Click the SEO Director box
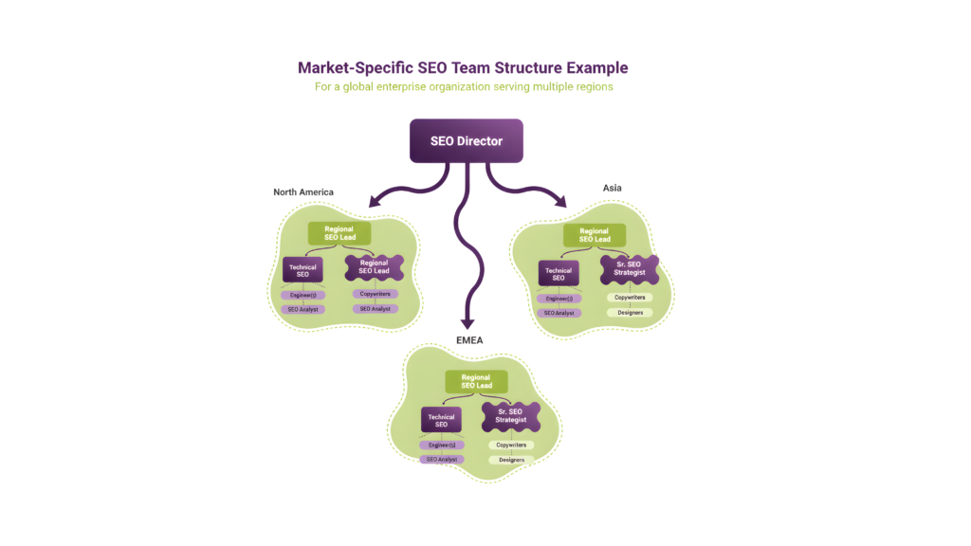click(466, 140)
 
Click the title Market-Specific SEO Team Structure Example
click(463, 68)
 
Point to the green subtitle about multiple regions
click(464, 86)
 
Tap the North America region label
click(303, 191)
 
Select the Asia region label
click(613, 188)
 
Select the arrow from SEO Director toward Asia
click(527, 187)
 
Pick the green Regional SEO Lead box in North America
click(339, 234)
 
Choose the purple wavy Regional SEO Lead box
click(374, 269)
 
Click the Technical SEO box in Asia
click(558, 273)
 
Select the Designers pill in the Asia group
click(630, 312)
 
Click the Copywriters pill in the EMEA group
click(512, 445)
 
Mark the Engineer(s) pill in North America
click(302, 295)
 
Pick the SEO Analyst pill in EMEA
click(441, 460)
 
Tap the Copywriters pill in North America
click(375, 294)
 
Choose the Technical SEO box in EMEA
click(441, 420)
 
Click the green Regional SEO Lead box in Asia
click(594, 234)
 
